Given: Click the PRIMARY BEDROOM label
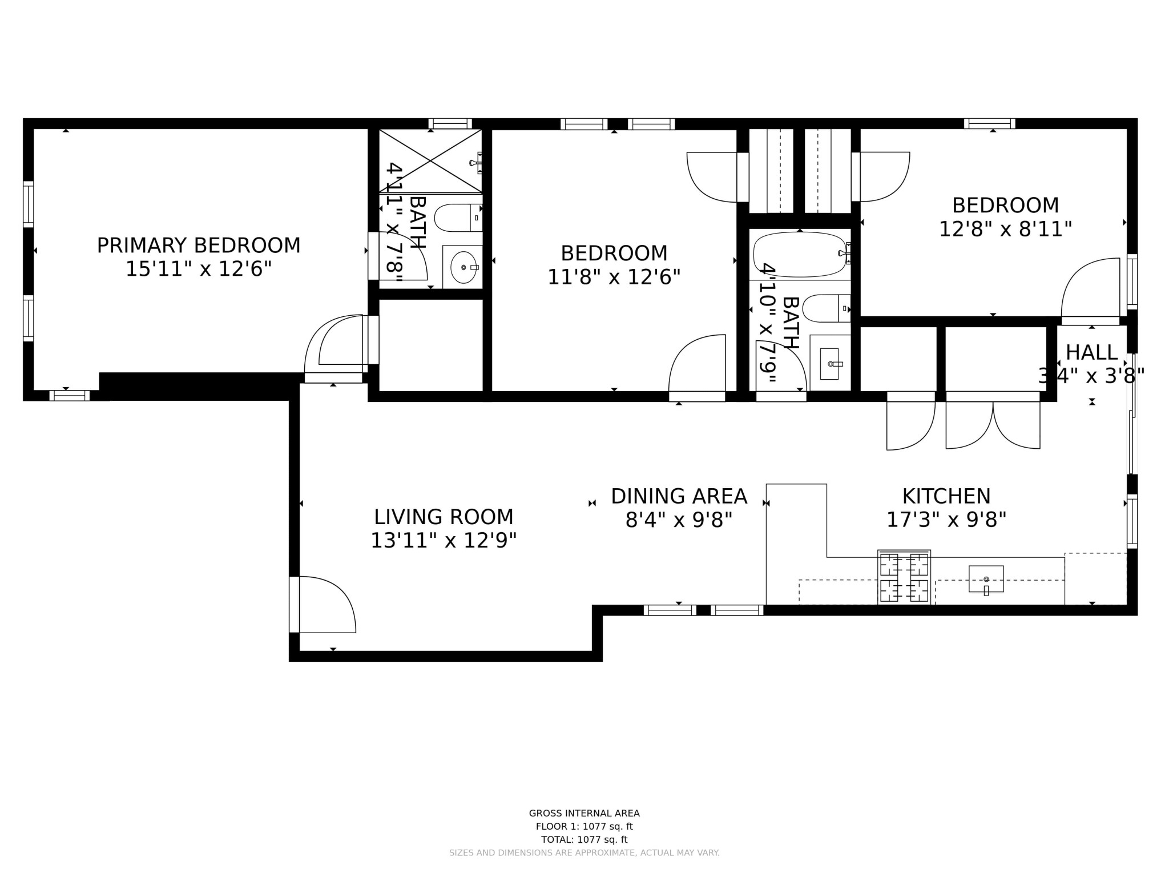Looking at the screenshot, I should (x=198, y=246).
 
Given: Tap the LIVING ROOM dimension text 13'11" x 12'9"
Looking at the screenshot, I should (x=444, y=540).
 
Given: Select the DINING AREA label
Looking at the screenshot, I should (x=679, y=496).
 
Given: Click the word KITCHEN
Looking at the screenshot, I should (x=946, y=496).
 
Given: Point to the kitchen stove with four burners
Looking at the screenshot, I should (x=904, y=577).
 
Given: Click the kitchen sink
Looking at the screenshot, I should (x=986, y=580).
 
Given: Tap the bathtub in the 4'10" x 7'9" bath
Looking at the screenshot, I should (x=800, y=255).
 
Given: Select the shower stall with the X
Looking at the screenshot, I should (x=430, y=161).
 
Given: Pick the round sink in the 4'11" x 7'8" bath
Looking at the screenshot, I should (x=463, y=267).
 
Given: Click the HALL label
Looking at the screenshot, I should (x=1091, y=352).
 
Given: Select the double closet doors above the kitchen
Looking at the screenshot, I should (x=993, y=424).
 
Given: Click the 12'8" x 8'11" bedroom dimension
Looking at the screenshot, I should (x=1005, y=230).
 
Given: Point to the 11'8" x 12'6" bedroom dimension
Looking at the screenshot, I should (x=614, y=277).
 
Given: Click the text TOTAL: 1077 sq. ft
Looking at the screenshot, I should (x=584, y=839).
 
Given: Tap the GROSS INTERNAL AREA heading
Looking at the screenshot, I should (x=584, y=813).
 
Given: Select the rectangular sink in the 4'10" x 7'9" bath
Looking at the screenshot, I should (x=829, y=364).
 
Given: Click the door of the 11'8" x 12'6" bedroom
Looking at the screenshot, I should (x=698, y=365).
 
